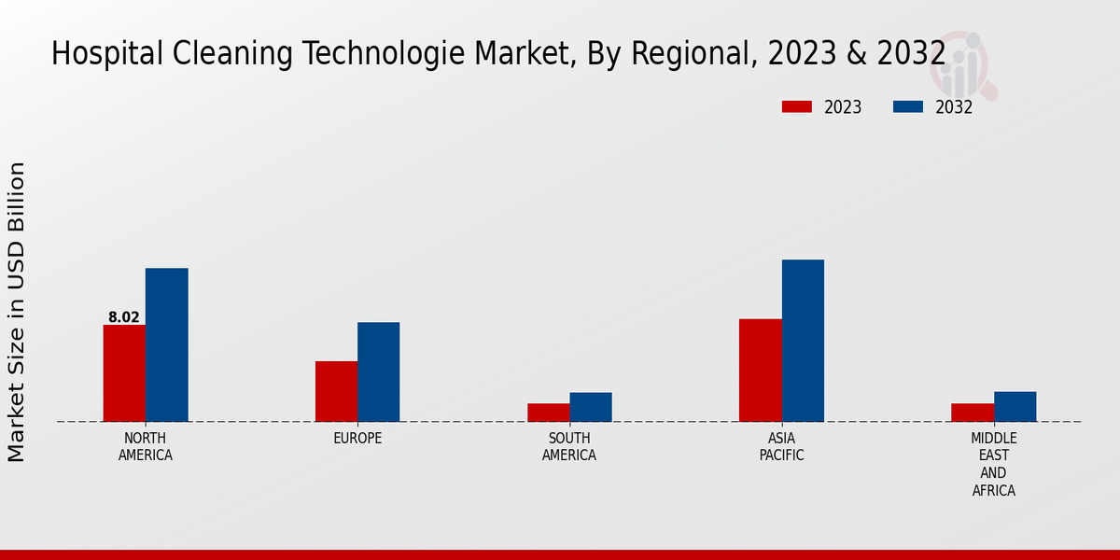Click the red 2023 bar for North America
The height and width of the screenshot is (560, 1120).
(124, 373)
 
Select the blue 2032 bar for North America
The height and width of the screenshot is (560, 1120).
(166, 344)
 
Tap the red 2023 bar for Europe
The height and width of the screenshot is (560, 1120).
(336, 391)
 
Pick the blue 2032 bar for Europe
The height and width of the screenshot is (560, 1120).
(378, 371)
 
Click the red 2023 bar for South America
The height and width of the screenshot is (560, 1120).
(548, 413)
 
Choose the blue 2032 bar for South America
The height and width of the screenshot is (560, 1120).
(591, 407)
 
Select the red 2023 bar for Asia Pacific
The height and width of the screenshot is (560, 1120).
(760, 371)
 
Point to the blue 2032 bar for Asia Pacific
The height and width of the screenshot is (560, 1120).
(803, 341)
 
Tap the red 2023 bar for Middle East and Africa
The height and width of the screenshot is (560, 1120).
(973, 413)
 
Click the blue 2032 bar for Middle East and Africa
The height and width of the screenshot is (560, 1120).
(1015, 406)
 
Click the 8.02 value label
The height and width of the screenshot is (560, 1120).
(124, 317)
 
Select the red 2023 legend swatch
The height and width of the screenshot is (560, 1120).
(796, 106)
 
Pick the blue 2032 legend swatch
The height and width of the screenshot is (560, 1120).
(907, 106)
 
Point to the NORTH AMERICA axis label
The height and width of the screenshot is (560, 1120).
(146, 447)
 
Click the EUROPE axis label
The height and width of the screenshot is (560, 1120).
(357, 439)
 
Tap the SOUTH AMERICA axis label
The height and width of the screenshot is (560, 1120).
(569, 447)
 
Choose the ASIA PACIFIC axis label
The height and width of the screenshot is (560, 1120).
(781, 447)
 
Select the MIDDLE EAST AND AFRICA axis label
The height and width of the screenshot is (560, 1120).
(993, 464)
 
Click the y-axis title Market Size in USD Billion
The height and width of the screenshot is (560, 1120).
(17, 312)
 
